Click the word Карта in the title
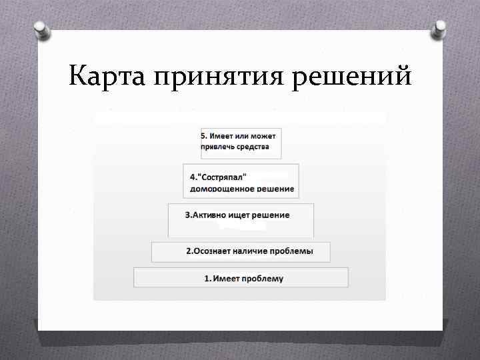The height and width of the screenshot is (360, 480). tap(107, 77)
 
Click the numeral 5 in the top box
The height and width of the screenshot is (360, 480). tap(203, 135)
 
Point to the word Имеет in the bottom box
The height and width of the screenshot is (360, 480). tap(225, 278)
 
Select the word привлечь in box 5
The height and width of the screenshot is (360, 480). tap(217, 147)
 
